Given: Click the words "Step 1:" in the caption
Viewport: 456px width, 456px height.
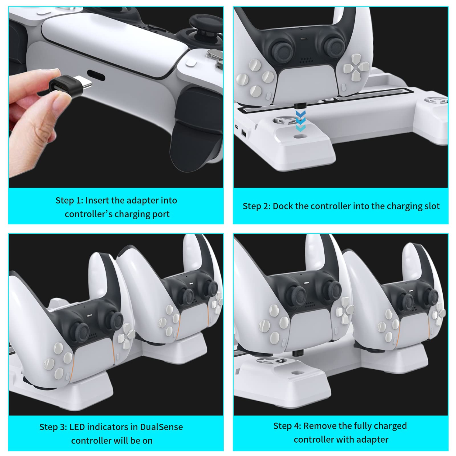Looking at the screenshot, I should tap(69, 201).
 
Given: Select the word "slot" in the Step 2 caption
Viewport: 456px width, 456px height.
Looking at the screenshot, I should tap(432, 206).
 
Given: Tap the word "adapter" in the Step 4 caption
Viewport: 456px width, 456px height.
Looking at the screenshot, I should tap(372, 440).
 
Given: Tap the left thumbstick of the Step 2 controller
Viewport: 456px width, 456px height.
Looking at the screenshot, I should tap(282, 49).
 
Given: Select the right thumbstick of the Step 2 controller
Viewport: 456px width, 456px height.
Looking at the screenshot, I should tap(334, 47).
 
